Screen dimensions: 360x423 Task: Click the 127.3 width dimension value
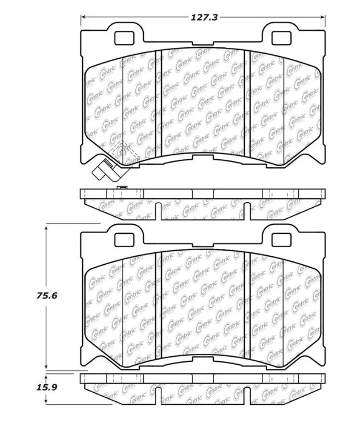pos(204,18)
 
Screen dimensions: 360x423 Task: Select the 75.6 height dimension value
pos(47,296)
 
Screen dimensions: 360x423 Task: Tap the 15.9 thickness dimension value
pos(47,388)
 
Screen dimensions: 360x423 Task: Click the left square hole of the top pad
pos(124,38)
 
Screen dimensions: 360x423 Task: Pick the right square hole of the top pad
pos(281,38)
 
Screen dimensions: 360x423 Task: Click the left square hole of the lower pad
pos(124,239)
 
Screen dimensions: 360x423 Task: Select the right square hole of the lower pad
pos(281,239)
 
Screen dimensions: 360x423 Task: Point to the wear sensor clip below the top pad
pos(105,170)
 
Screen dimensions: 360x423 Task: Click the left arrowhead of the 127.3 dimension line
pos(83,17)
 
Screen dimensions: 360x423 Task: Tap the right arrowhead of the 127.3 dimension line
pos(322,17)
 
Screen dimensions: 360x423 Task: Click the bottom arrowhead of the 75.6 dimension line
pos(46,366)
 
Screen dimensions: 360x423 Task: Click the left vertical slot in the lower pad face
pos(159,305)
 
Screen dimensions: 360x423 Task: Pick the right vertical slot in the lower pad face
pos(247,305)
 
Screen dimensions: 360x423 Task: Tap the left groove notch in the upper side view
pos(158,211)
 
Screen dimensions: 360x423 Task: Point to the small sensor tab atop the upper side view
pos(122,188)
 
